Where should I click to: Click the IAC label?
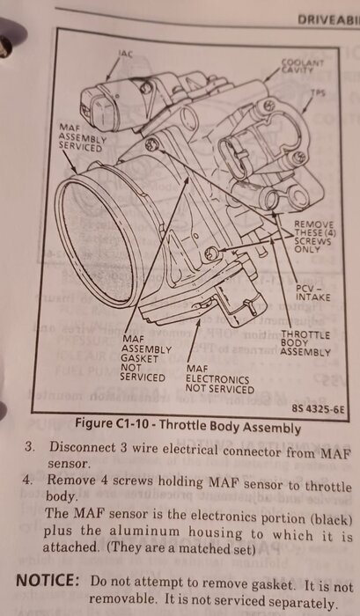pos(125,54)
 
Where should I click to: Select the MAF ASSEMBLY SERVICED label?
pos(82,137)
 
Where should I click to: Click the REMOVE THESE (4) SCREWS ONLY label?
pos(315,237)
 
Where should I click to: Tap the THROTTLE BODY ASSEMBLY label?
pos(305,343)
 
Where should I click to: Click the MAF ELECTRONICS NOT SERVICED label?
pos(219,379)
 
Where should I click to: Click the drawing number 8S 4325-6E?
pos(319,409)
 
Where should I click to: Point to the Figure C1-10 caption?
pos(187,426)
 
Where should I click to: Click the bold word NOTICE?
pos(48,581)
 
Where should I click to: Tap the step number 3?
pos(28,447)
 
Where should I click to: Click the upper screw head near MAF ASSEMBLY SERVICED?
pos(150,145)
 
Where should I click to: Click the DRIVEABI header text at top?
pos(328,19)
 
